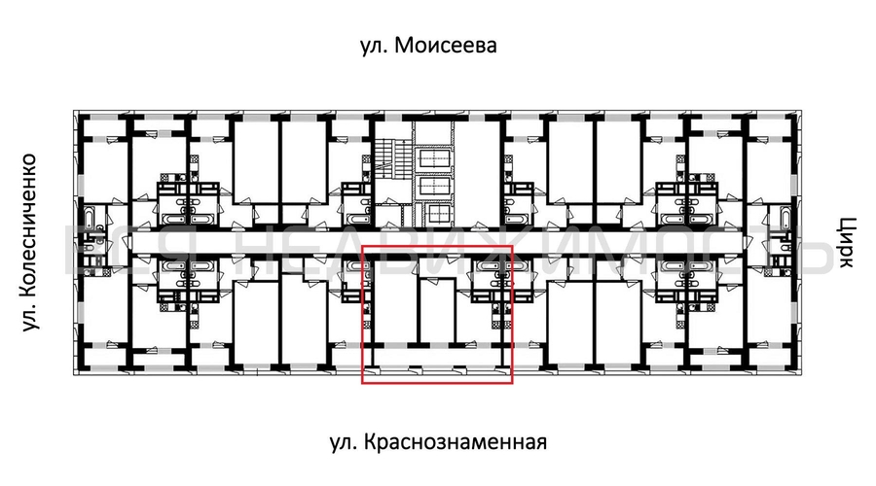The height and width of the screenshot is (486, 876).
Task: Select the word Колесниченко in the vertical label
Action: (30, 224)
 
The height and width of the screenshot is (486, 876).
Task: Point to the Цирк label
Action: (844, 243)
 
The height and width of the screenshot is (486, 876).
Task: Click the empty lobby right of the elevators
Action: (477, 170)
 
